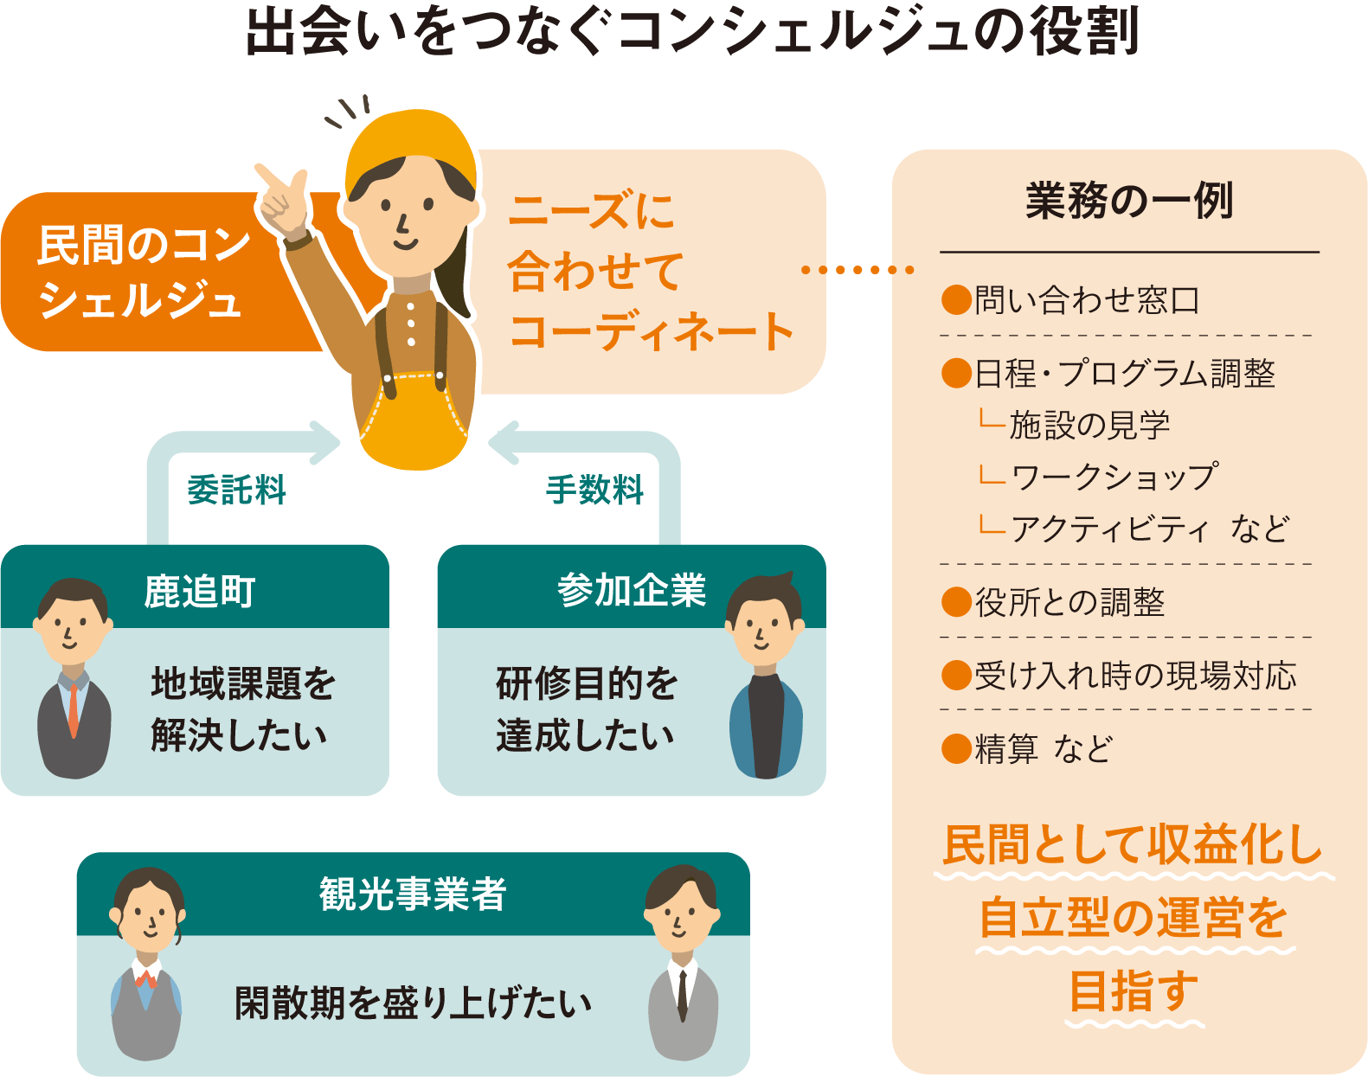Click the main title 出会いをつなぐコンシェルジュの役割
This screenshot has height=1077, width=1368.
[x=692, y=32]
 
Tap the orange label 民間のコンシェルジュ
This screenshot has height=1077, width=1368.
[x=143, y=272]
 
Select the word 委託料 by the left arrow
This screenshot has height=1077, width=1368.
[x=236, y=490]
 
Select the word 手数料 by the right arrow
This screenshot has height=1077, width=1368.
[x=594, y=490]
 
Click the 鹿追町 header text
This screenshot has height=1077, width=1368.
[x=200, y=592]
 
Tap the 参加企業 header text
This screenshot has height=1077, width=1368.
[x=632, y=591]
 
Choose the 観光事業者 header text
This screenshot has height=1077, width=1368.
[x=413, y=894]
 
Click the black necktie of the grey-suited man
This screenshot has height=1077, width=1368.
[x=683, y=995]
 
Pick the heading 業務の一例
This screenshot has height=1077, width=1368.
[x=1129, y=201]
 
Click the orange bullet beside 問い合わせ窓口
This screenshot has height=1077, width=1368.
[x=955, y=300]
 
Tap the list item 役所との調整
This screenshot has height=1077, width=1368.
[x=1069, y=602]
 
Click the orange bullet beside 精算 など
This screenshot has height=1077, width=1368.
[x=955, y=748]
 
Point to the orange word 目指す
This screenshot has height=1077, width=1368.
[x=1134, y=991]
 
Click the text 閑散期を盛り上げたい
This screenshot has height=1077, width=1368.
[x=414, y=1003]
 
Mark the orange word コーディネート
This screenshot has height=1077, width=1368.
[x=651, y=331]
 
